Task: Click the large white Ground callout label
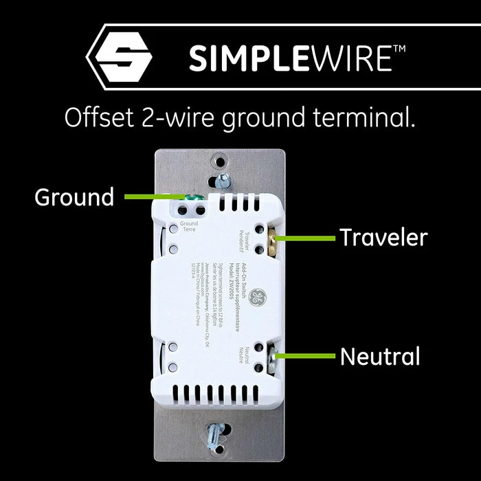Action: [74, 198]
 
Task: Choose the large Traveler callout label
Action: [383, 238]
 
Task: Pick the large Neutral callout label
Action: [379, 357]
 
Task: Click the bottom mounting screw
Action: [214, 434]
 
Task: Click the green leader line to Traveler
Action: [309, 238]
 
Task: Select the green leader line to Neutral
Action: [309, 356]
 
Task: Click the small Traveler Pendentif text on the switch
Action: [243, 234]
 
